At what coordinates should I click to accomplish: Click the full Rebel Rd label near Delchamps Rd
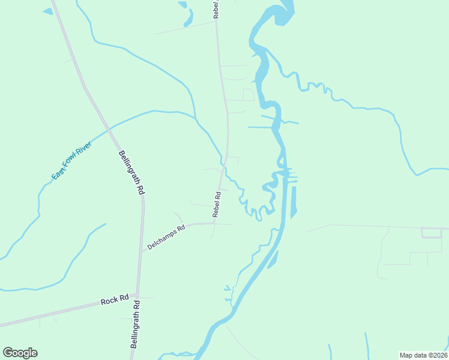(x=217, y=204)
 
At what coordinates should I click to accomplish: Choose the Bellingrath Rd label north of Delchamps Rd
(x=131, y=172)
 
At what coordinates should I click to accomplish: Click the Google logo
(x=20, y=352)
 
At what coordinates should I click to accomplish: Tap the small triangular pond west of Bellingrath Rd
(x=47, y=11)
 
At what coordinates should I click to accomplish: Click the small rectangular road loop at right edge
(x=431, y=233)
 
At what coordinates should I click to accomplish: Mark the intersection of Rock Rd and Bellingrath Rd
(x=137, y=298)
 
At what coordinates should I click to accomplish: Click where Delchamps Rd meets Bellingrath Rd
(x=141, y=252)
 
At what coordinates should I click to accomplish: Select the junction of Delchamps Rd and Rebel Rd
(x=215, y=224)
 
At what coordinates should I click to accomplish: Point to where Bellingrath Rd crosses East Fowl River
(x=109, y=128)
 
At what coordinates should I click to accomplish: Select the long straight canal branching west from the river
(x=260, y=127)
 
